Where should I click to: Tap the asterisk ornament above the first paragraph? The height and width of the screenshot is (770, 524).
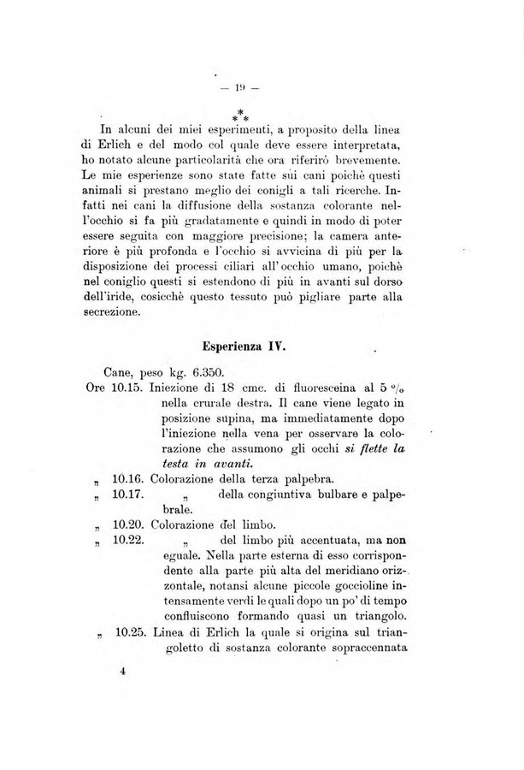point(241,114)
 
